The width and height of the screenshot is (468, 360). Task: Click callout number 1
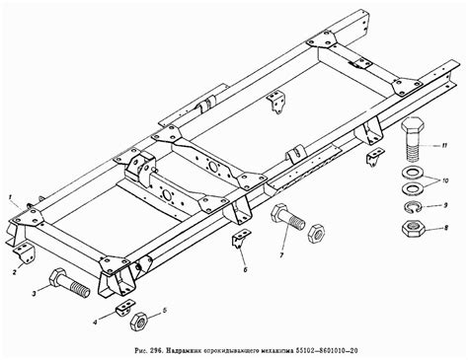tap(11, 197)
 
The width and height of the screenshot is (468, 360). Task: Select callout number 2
tap(15, 272)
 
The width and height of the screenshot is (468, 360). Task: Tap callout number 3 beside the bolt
tap(34, 294)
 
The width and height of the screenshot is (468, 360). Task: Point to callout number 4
tap(95, 323)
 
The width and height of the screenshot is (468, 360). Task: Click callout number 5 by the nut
tap(165, 310)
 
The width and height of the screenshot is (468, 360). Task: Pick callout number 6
tap(245, 269)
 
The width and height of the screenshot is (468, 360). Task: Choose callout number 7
tap(281, 255)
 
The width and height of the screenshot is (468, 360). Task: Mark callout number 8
tap(446, 227)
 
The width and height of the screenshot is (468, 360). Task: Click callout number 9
tap(445, 205)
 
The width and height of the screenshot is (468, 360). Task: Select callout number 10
tap(445, 180)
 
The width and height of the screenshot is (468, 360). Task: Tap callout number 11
tap(444, 145)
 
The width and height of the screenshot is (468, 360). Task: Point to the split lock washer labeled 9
tap(412, 207)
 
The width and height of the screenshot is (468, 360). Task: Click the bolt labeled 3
tap(68, 283)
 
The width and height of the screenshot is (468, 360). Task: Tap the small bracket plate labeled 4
tap(125, 307)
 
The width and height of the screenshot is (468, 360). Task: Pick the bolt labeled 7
tap(287, 217)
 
